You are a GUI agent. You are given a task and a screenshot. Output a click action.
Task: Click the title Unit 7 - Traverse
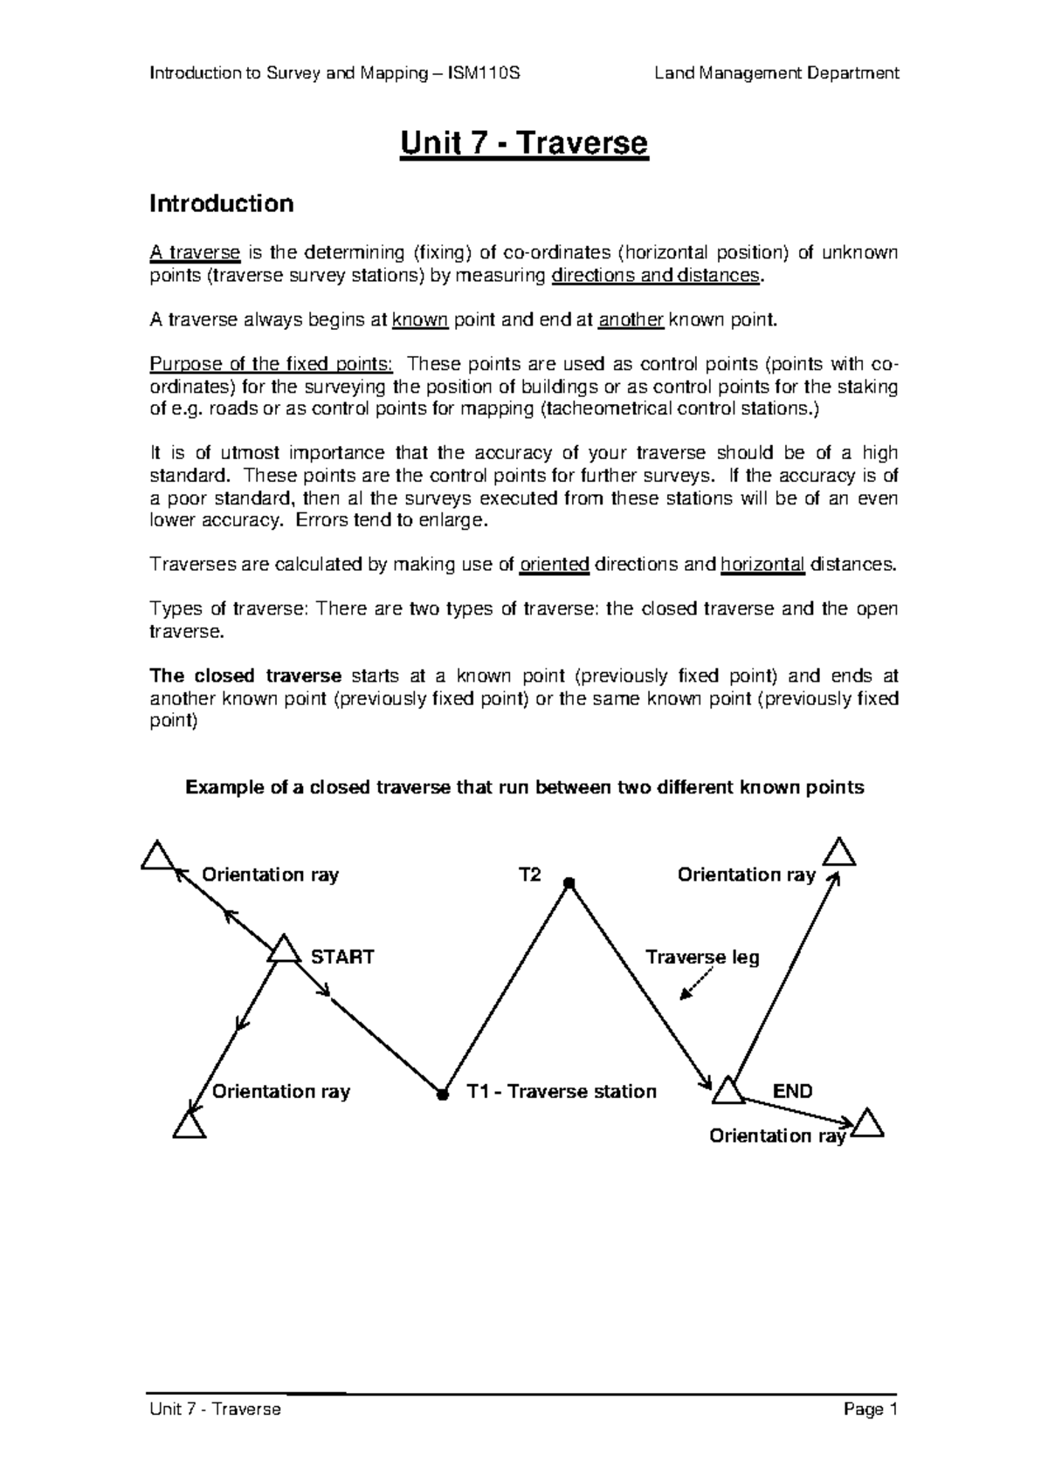pyautogui.click(x=524, y=142)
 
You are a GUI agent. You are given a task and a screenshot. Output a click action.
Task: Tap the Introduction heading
pyautogui.click(x=221, y=204)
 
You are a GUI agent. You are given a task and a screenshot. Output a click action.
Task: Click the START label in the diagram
pyautogui.click(x=342, y=957)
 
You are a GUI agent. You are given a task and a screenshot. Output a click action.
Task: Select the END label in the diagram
pyautogui.click(x=792, y=1091)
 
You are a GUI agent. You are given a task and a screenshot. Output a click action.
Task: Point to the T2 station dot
pyautogui.click(x=568, y=883)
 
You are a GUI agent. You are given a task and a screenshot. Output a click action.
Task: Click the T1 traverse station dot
pyautogui.click(x=442, y=1093)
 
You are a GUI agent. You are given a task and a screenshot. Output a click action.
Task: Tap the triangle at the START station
pyautogui.click(x=283, y=950)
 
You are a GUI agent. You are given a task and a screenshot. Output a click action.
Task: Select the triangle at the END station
pyautogui.click(x=727, y=1091)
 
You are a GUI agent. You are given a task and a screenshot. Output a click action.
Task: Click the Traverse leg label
pyautogui.click(x=702, y=957)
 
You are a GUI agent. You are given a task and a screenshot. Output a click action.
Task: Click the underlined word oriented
pyautogui.click(x=555, y=565)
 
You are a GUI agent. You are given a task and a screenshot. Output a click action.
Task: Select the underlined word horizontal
pyautogui.click(x=762, y=565)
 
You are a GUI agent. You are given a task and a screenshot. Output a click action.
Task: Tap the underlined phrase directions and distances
pyautogui.click(x=656, y=276)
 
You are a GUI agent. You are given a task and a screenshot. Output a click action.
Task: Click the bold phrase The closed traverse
pyautogui.click(x=245, y=676)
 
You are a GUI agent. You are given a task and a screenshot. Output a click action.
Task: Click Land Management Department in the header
pyautogui.click(x=776, y=73)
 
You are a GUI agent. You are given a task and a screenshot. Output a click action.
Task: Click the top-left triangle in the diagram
pyautogui.click(x=157, y=857)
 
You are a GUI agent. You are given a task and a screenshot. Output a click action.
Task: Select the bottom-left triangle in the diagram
pyautogui.click(x=189, y=1126)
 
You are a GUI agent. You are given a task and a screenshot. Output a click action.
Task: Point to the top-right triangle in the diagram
pyautogui.click(x=839, y=853)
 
